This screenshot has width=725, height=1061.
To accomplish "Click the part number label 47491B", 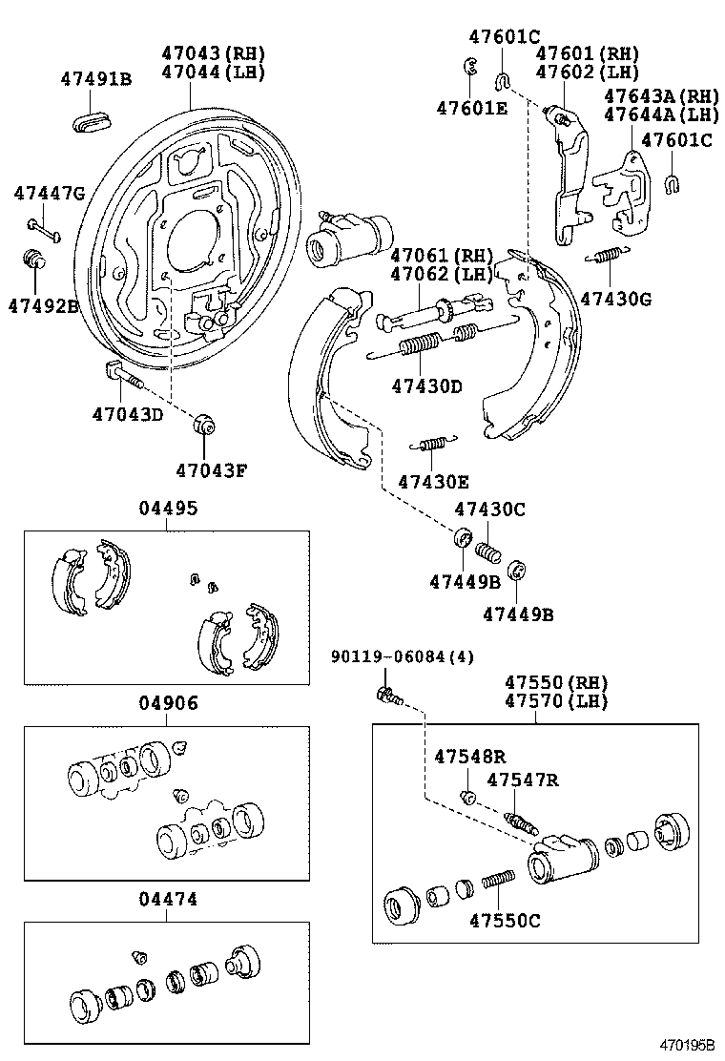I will [x=96, y=79].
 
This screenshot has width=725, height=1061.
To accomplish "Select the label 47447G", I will [x=49, y=195].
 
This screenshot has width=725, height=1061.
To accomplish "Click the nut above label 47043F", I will [x=204, y=425].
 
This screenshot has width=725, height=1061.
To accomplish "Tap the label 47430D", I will [x=426, y=386].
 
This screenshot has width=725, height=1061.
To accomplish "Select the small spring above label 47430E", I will [x=433, y=442].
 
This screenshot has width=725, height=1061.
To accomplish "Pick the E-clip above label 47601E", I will [x=468, y=67].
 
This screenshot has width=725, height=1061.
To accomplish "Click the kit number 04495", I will [x=168, y=509].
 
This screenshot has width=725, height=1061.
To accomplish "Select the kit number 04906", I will [x=168, y=703].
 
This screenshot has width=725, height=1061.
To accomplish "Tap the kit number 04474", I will [x=168, y=899].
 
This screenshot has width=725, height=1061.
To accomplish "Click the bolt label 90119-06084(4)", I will [x=402, y=656].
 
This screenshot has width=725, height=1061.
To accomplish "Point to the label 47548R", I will [x=469, y=757].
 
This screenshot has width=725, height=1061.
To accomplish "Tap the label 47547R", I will [x=523, y=780].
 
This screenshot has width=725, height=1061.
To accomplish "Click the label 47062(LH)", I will [x=442, y=274].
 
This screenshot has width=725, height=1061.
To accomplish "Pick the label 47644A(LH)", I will [x=662, y=114].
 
